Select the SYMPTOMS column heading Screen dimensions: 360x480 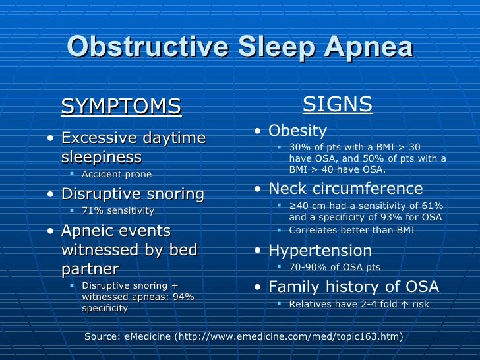pos(121,107)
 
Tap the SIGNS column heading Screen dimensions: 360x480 pos(337,104)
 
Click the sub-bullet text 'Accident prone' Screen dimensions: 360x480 pos(116,175)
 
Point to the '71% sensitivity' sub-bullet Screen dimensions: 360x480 pos(117,211)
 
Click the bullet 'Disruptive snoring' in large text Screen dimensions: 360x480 pos(133,194)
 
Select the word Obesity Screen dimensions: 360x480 pos(297,131)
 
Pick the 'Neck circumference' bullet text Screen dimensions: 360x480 pos(345,189)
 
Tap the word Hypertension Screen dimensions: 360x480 pos(320,251)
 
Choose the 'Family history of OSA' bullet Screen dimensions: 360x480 pos(353,287)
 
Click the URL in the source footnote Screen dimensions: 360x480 pos(288,336)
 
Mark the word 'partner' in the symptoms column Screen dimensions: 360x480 pos(90,269)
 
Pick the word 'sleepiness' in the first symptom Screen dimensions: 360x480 pos(101,158)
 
